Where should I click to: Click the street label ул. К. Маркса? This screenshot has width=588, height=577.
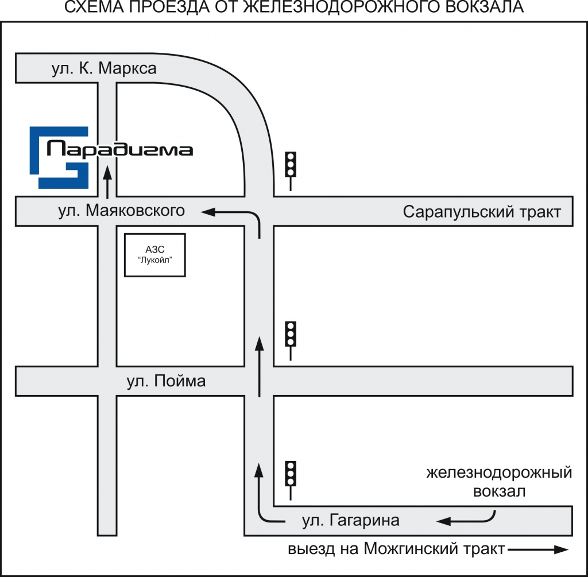coord(104,68)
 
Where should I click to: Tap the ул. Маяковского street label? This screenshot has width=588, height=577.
coord(121,211)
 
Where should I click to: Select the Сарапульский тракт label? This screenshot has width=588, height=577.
coord(482,212)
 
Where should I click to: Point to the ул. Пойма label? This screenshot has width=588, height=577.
coord(166,381)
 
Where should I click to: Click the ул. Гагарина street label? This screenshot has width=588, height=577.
coord(351,520)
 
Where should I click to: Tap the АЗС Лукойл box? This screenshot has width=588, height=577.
coord(155,255)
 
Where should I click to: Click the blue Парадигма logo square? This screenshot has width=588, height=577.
coord(59,157)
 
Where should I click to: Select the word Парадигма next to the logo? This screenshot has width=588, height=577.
coord(119,149)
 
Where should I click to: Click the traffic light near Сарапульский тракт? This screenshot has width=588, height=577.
coord(291,171)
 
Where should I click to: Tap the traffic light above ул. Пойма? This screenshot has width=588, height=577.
coord(291,340)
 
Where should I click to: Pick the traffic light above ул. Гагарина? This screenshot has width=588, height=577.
coord(291,481)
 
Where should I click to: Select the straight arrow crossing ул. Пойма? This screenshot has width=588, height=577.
coord(259,366)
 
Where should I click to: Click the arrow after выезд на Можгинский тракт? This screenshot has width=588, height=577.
coord(538,549)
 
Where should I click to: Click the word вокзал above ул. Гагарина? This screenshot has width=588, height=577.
coord(500,491)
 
